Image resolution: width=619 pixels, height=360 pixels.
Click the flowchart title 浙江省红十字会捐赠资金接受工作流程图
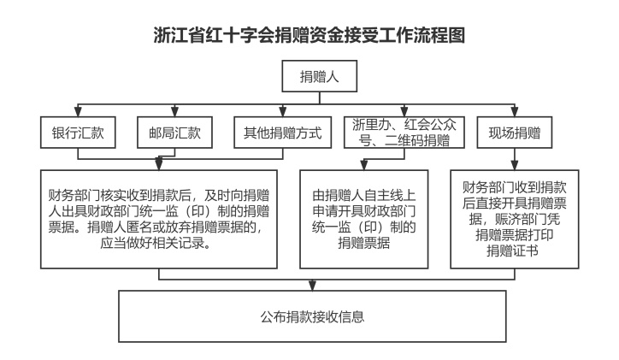(x=309, y=35)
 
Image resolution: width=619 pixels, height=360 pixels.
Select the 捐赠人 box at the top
(x=320, y=76)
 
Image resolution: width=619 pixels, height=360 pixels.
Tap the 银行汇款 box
(x=78, y=133)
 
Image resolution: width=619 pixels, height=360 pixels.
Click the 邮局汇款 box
(x=174, y=133)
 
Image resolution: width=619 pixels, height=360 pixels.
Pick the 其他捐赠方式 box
(x=283, y=133)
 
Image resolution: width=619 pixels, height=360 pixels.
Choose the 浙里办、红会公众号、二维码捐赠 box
(x=404, y=133)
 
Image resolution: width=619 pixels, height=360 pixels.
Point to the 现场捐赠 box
(x=515, y=133)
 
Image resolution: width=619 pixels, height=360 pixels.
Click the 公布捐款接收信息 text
(x=312, y=316)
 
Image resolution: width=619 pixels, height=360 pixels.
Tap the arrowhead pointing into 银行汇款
(x=78, y=111)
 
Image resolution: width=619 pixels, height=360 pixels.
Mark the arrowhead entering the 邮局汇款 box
(x=174, y=111)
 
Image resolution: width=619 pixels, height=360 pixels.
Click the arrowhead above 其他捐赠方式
(x=283, y=111)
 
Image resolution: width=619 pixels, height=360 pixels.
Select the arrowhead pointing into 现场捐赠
(x=515, y=111)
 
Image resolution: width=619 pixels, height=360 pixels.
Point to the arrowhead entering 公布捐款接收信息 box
(x=312, y=286)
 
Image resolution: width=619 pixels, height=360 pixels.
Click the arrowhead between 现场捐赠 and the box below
(x=515, y=165)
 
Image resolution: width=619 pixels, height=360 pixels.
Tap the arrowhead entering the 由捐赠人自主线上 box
(x=364, y=165)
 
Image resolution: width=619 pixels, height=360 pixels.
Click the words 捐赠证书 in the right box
(x=512, y=251)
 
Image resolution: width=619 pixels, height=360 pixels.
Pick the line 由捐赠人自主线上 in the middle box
(x=364, y=196)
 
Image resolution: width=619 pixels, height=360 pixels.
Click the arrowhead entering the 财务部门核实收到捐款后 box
(x=159, y=164)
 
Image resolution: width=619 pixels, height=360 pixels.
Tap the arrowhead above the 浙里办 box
(x=404, y=111)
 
